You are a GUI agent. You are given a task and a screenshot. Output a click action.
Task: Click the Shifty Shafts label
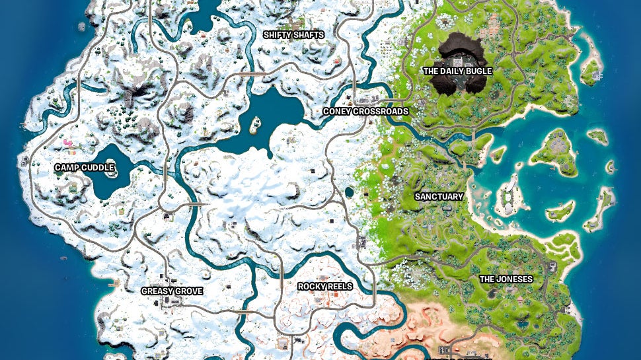tap(293, 34)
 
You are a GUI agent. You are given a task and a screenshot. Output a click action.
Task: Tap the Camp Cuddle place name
tap(84, 167)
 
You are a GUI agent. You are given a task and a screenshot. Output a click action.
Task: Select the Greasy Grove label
tap(172, 291)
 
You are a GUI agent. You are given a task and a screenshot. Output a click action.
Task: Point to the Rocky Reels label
tap(324, 286)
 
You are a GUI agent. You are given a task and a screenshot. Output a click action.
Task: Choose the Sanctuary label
tap(439, 196)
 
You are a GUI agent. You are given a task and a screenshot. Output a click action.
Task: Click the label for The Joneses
tap(506, 279)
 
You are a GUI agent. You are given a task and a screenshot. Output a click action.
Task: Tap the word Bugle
tap(478, 71)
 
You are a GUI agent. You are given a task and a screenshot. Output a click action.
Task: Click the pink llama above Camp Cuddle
tap(67, 143)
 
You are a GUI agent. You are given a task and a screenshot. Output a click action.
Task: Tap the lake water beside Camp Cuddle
tap(106, 187)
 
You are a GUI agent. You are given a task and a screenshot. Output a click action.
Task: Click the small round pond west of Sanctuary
tap(349, 192)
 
